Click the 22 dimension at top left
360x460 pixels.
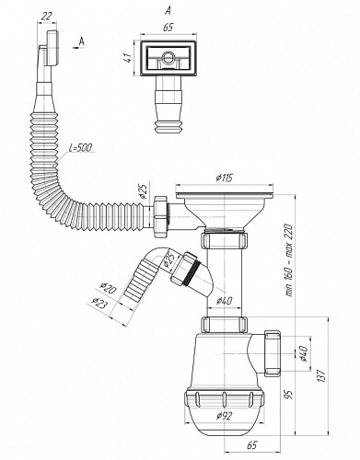[46, 17]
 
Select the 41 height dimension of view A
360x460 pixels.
[128, 58]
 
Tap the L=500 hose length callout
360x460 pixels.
[80, 148]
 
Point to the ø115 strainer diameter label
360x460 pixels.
[225, 178]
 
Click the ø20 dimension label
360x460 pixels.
[108, 288]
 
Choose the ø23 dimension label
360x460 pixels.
[100, 303]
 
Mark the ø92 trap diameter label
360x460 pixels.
[224, 416]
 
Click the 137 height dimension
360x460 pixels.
[321, 375]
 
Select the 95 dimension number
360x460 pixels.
[289, 394]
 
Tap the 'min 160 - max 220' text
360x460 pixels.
[290, 260]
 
